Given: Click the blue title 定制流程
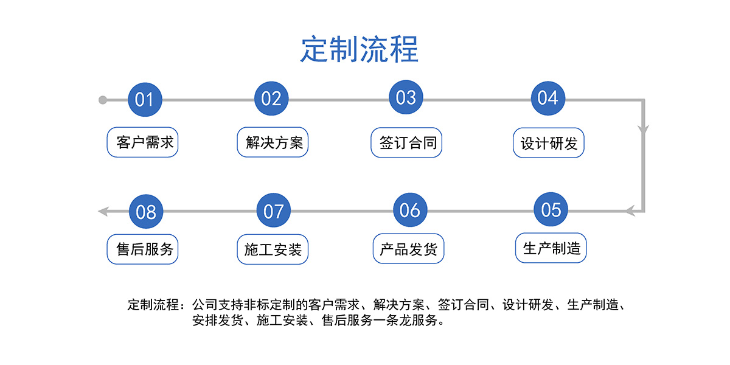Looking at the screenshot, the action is coord(359,49).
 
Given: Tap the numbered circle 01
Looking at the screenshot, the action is coord(145,99).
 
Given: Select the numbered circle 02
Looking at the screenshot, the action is coord(271,99).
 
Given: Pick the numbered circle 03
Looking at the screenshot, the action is coord(406,97).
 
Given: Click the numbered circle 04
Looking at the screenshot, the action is coord(548,98).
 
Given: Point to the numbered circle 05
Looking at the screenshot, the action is coord(551,209).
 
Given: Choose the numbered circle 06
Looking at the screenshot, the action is coord(410,210).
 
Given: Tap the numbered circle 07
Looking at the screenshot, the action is coord(273,210).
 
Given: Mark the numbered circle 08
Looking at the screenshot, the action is coord(146,212).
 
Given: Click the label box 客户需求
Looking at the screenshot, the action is coord(142,142).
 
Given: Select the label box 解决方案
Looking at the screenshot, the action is coord(273,142).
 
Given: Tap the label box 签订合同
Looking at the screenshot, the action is coord(406,143).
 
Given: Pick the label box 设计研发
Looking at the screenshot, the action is coord(549,143).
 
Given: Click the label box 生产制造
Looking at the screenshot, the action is coord(551,248).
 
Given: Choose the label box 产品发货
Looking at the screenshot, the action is coord(408,249).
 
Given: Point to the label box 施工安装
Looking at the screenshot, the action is coord(273,249).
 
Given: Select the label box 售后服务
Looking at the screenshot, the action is coord(142,249).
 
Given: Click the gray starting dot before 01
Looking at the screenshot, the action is coord(103,100).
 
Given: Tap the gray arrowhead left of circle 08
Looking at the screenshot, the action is coord(103,212).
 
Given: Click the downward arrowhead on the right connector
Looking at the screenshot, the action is coord(644,130).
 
